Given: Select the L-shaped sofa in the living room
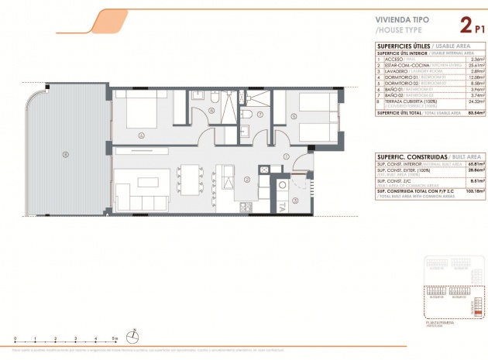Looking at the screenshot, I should click(135, 194).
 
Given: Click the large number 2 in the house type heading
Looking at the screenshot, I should click(466, 26).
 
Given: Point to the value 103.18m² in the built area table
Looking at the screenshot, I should click(473, 189).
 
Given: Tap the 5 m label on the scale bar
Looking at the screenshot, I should click(113, 339).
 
